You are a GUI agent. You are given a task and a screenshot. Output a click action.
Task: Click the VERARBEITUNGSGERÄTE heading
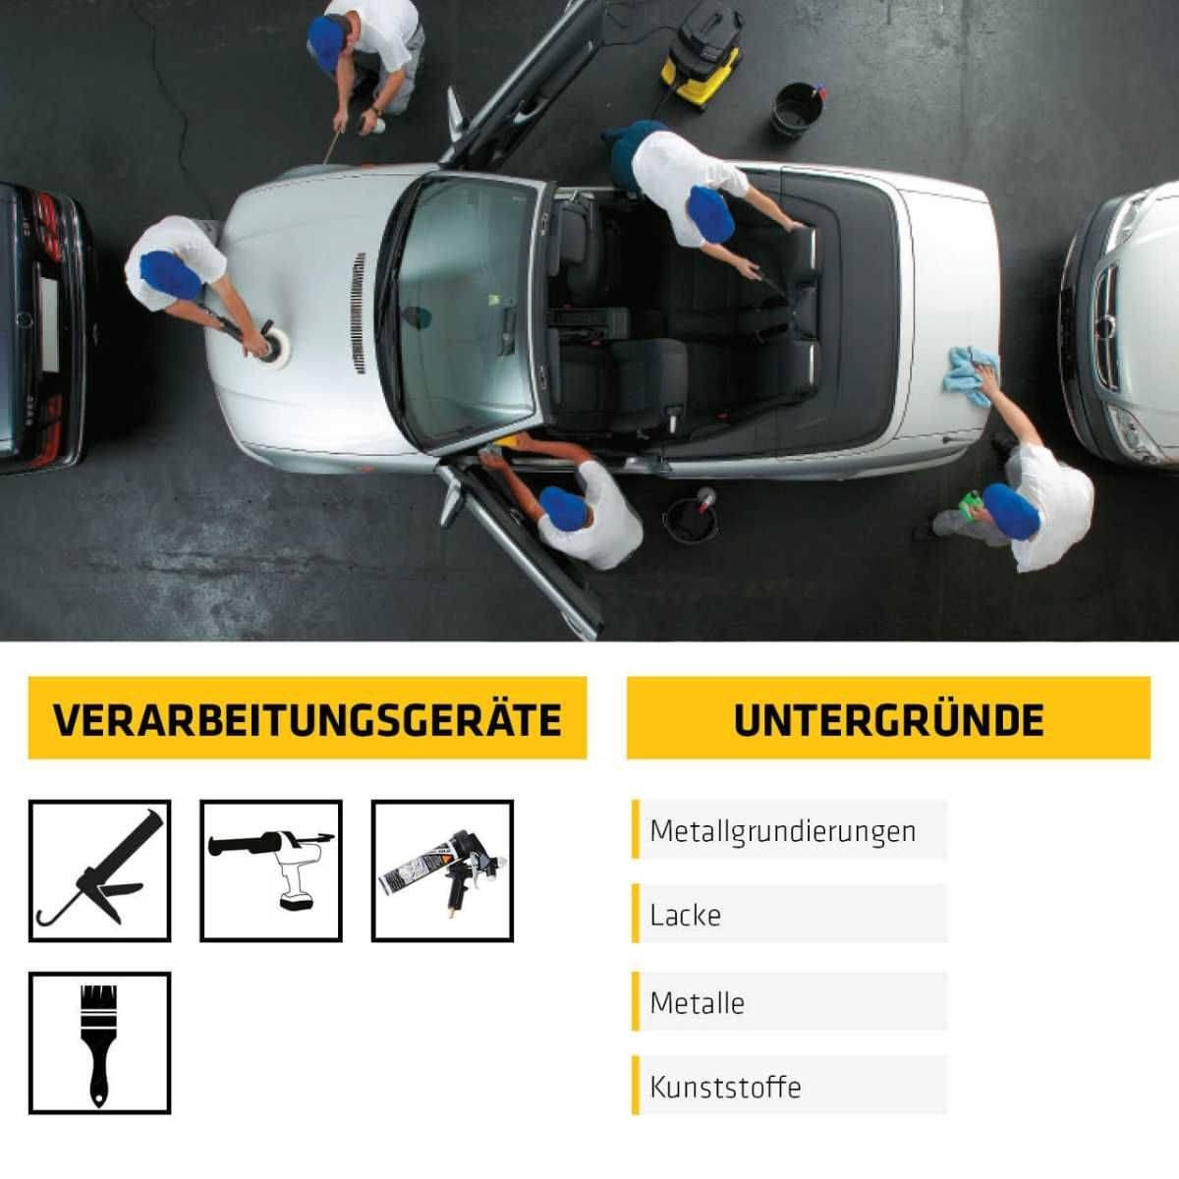tap(307, 718)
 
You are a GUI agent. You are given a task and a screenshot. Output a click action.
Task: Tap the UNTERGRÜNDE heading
tap(888, 718)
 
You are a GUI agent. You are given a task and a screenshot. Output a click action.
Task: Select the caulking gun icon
tap(99, 870)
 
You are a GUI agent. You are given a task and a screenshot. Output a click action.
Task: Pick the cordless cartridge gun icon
tap(271, 870)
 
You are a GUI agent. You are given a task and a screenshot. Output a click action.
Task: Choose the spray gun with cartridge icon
tap(442, 870)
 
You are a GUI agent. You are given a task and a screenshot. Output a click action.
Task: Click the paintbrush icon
tap(99, 1042)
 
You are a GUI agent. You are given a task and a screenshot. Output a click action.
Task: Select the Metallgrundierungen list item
tap(782, 831)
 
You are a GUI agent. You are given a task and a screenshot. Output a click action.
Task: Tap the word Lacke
tap(685, 915)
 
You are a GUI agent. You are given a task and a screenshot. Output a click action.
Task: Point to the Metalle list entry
tap(697, 1003)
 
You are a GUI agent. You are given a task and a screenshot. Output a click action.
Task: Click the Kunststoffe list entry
tap(725, 1087)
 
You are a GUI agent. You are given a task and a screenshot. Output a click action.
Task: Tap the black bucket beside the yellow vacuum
tap(798, 108)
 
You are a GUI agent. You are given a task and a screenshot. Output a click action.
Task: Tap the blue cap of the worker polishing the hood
tap(170, 274)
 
